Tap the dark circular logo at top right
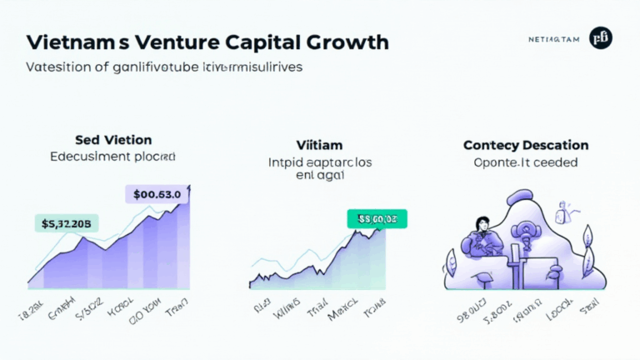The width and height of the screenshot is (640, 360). pos(600,37)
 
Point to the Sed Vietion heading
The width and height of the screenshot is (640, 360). pos(113,139)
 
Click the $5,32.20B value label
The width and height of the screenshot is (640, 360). pos(66,222)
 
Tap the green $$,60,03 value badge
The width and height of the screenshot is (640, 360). pos(377,218)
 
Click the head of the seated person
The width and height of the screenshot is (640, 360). pos(481,223)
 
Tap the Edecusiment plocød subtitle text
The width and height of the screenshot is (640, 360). pos(113,156)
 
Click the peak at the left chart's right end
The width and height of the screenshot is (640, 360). pos(190,186)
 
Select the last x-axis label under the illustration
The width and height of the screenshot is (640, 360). pos(590,312)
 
